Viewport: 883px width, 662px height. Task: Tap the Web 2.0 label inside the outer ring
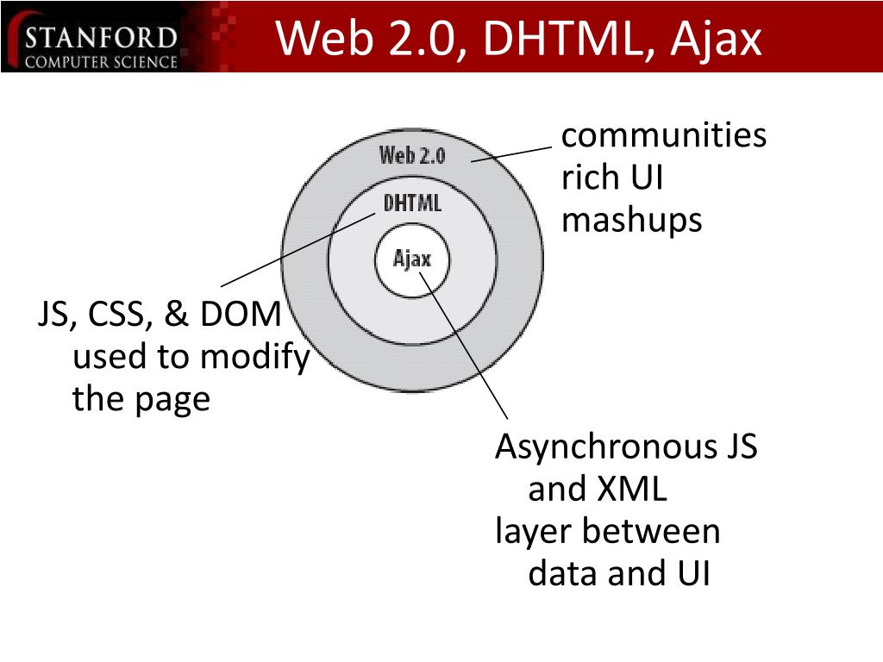pyautogui.click(x=412, y=155)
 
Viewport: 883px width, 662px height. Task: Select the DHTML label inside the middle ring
pyautogui.click(x=412, y=203)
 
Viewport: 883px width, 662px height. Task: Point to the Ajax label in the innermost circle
pyautogui.click(x=411, y=259)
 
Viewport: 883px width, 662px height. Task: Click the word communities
pyautogui.click(x=663, y=136)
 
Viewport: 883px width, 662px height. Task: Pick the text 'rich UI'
pyautogui.click(x=612, y=178)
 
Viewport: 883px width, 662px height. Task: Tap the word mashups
pyautogui.click(x=631, y=221)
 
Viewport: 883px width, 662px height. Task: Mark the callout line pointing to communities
pyautogui.click(x=510, y=153)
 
